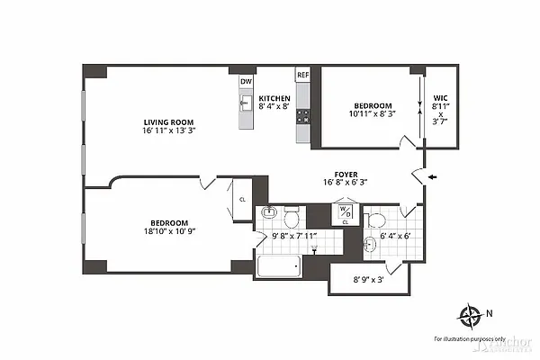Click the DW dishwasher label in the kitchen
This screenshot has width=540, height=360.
coord(245,81)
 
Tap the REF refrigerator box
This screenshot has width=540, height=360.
coord(303,76)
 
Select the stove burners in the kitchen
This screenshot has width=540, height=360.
coord(303,116)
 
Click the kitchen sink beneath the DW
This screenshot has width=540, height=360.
coord(244,102)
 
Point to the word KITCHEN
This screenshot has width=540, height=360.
coord(274,98)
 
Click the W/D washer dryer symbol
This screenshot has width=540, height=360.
coord(345,212)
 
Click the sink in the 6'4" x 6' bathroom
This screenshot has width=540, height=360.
coord(371,244)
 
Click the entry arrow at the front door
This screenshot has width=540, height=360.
coord(434,177)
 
